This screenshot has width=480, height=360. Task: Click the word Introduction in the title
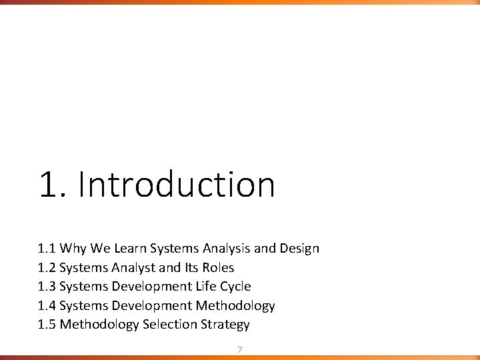176,185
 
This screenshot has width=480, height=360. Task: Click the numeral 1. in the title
54,185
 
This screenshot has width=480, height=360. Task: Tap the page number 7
240,349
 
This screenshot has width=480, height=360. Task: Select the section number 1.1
47,249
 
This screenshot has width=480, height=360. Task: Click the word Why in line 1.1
71,249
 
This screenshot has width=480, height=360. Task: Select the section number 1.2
47,268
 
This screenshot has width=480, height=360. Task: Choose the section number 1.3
47,287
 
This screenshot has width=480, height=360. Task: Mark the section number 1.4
47,306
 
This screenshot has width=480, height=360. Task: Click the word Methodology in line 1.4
235,306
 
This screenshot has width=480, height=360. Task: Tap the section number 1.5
47,325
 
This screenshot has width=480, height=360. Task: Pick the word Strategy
225,325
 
